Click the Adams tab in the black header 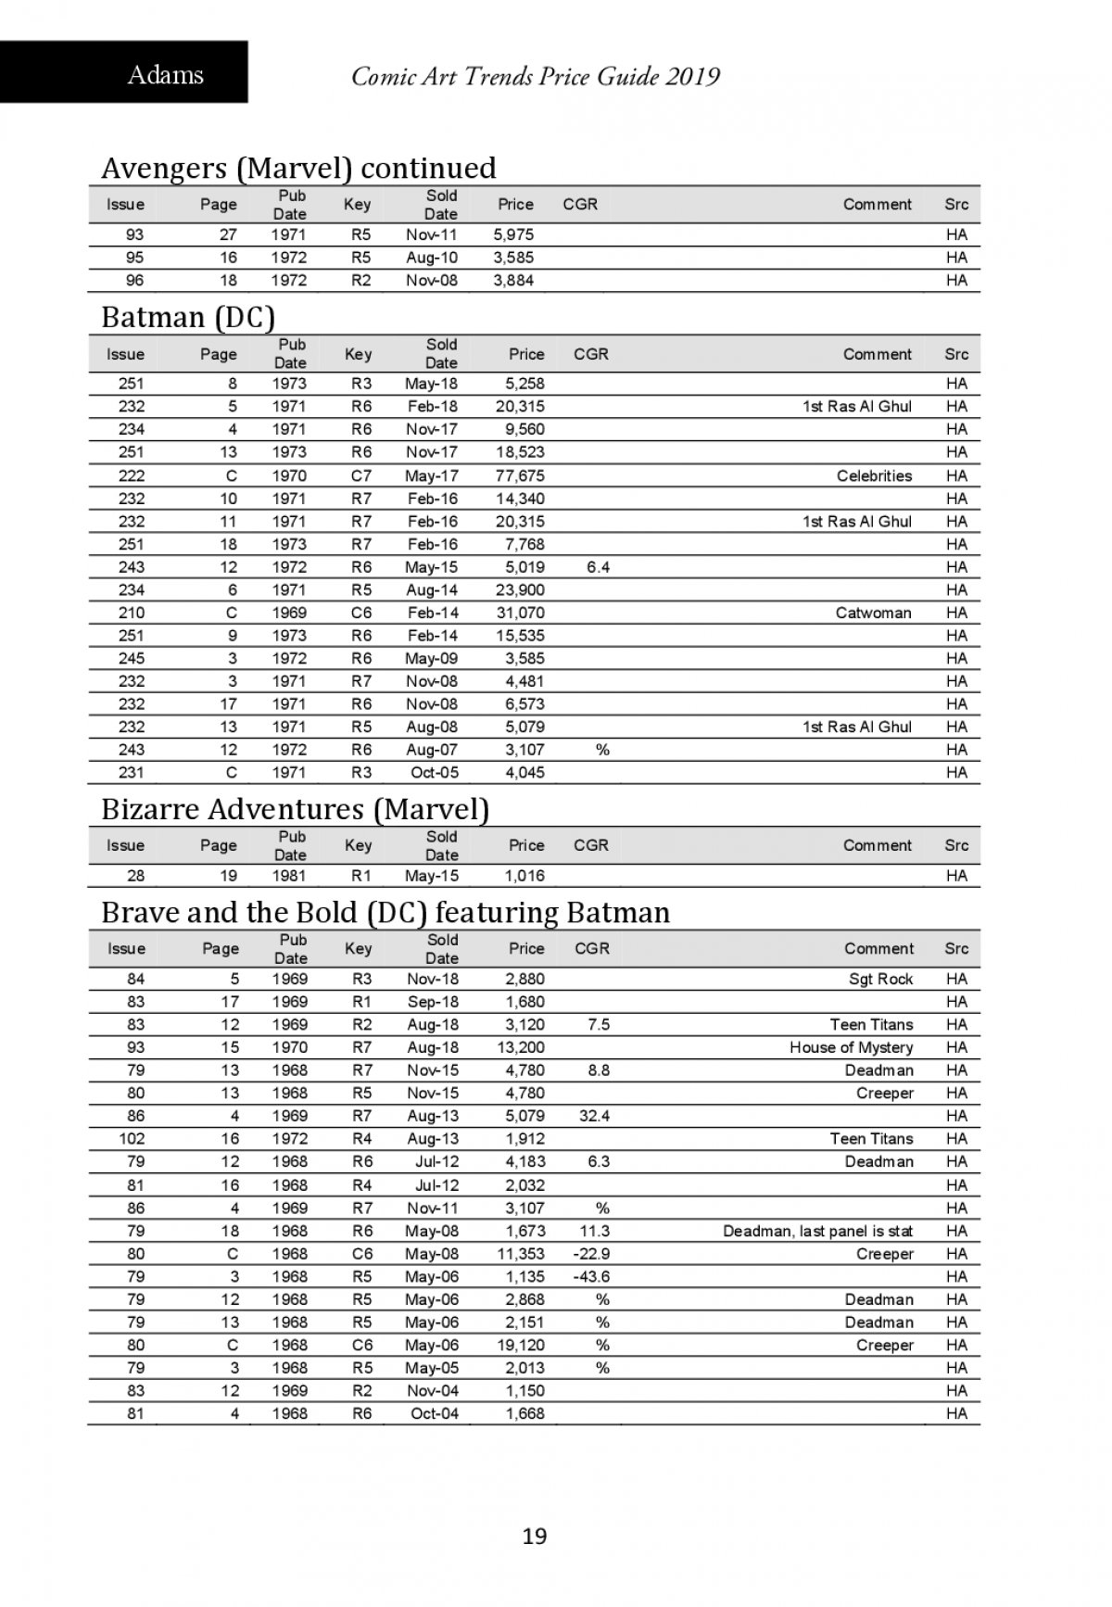tap(165, 74)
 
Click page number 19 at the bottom tap(535, 1537)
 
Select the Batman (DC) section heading tap(188, 317)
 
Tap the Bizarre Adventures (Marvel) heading tap(295, 809)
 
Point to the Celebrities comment tap(874, 475)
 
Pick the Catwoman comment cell tap(873, 613)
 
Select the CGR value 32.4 tap(594, 1116)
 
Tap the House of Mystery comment tap(851, 1047)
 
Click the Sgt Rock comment tap(880, 979)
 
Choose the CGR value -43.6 tap(592, 1276)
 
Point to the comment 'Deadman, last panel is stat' tap(817, 1231)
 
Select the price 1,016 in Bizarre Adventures tap(524, 876)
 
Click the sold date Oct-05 tap(434, 773)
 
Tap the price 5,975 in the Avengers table tap(513, 234)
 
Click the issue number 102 tap(133, 1139)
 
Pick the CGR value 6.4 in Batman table tap(598, 567)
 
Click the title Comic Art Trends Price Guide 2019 tap(536, 76)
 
